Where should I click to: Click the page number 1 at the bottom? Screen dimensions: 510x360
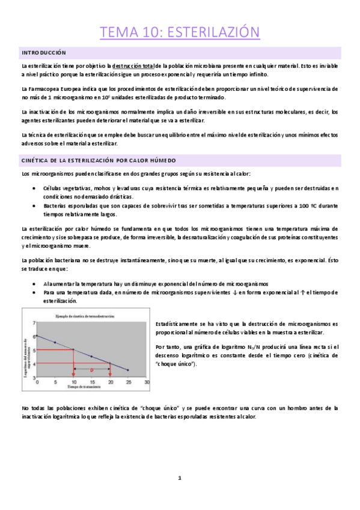[180, 478]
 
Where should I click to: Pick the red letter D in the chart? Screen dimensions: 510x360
[91, 370]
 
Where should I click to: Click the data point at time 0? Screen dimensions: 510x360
[37, 336]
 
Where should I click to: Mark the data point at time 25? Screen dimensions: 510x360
[128, 370]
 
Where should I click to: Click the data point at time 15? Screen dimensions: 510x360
[92, 356]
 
